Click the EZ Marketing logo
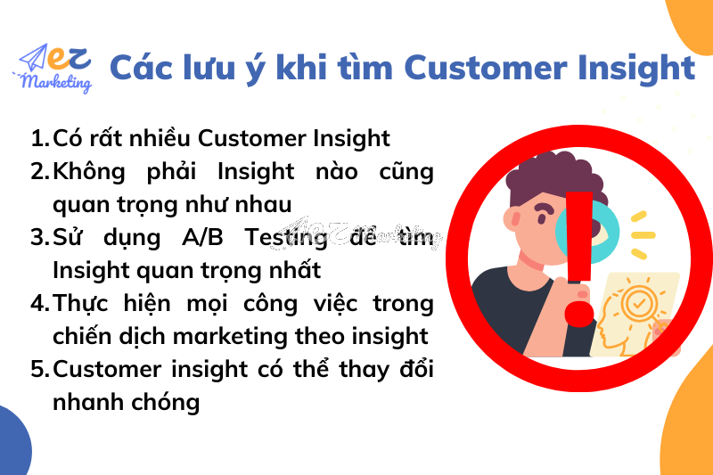click(55, 69)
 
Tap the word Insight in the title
click(640, 68)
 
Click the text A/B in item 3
click(206, 237)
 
